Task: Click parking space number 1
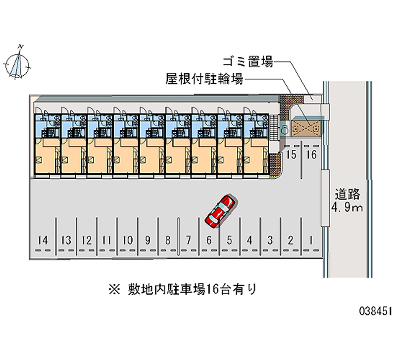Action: [x=310, y=241]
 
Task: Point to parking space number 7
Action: [x=188, y=241]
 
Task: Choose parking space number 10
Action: [x=127, y=241]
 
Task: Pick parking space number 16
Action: [x=311, y=155]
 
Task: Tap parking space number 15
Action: [x=292, y=155]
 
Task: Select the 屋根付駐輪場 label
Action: [x=204, y=78]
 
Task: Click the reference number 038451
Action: [x=376, y=311]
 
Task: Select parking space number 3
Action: [x=270, y=241]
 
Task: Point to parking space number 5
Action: [x=229, y=241]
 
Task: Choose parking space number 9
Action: [x=148, y=241]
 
